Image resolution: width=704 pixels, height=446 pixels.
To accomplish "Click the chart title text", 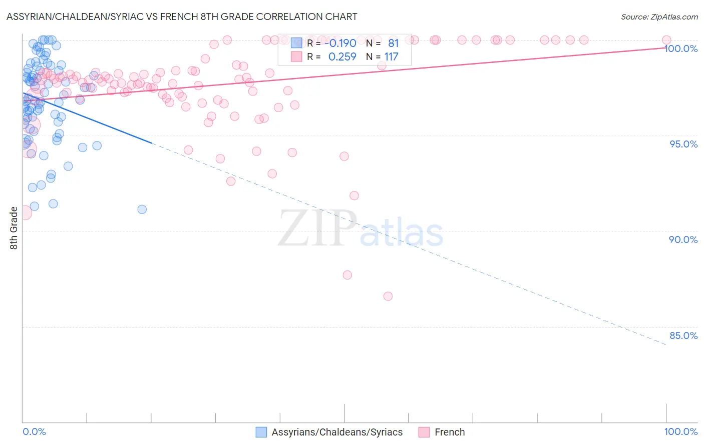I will [182, 16].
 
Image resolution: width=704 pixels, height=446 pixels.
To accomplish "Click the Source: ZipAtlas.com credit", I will [659, 16].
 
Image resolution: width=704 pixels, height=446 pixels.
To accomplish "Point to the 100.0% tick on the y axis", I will [681, 48].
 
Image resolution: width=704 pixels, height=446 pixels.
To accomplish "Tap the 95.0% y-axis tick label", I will [683, 144].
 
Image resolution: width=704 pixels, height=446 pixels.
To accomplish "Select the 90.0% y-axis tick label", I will [683, 239].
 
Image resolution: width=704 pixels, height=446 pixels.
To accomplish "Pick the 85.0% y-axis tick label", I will [683, 335].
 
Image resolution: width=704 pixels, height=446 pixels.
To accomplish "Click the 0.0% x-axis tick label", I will [34, 431].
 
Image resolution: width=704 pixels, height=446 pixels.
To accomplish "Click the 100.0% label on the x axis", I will [680, 431].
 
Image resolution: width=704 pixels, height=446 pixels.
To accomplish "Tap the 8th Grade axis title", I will [14, 228].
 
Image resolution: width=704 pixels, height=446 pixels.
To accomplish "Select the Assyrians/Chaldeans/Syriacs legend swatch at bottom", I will [261, 432].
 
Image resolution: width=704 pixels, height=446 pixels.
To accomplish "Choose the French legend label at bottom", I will [450, 432].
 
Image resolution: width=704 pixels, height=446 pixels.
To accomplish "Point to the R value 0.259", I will [342, 56].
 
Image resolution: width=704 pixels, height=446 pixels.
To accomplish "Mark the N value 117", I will [391, 56].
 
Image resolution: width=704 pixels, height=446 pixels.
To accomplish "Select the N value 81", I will [393, 43].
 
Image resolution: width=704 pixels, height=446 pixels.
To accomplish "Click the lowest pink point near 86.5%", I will [388, 296].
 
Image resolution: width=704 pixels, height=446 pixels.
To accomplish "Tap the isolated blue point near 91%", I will [142, 209].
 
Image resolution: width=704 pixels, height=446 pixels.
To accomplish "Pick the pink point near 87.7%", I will [347, 274].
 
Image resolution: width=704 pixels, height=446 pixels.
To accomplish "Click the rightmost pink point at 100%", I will [666, 40].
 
